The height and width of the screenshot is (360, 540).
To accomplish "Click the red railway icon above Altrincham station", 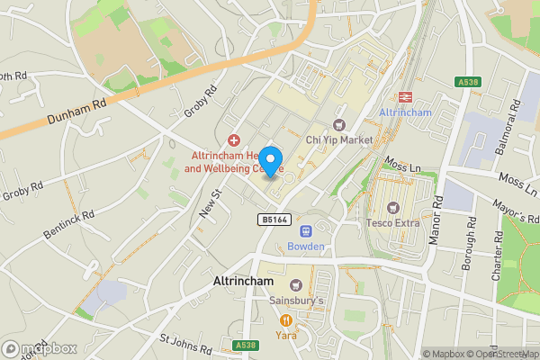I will (x=405, y=96).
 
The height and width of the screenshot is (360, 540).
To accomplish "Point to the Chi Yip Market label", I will (x=338, y=139).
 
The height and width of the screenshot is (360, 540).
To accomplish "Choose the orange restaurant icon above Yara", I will (x=286, y=319).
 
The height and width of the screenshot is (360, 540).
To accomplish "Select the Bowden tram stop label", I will (x=305, y=247).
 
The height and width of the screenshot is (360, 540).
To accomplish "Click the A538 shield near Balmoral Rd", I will (x=468, y=82).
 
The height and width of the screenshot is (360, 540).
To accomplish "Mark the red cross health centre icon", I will (x=234, y=139).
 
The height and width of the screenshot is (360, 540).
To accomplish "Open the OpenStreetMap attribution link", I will (x=501, y=354).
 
